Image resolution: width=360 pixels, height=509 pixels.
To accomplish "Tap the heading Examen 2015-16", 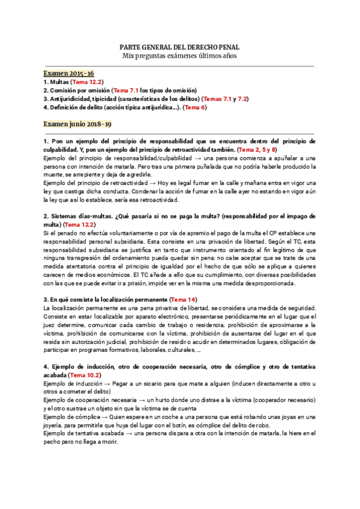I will point(64,72).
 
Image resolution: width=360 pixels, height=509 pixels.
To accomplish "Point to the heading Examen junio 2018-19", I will point(77,124).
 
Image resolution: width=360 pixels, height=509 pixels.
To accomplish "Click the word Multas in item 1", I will point(59,82).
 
